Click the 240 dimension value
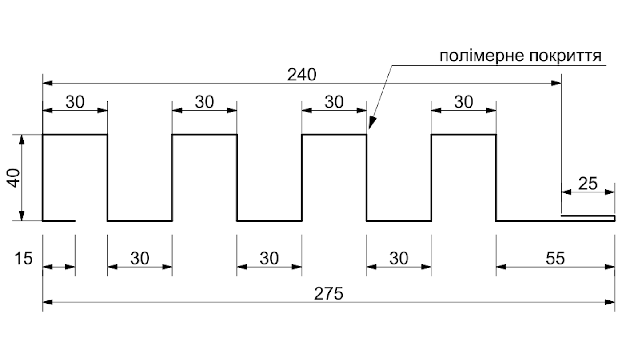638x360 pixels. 302,75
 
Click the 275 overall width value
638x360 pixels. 328,294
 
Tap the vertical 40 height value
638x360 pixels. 14,178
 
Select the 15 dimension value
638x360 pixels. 24,259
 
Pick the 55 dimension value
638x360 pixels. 555,259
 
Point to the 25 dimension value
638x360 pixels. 588,184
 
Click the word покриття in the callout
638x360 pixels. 566,56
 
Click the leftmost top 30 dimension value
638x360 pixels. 75,102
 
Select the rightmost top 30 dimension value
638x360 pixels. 464,102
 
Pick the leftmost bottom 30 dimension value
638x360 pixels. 140,259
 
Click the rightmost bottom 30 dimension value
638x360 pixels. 399,259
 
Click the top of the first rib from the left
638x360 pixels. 75,134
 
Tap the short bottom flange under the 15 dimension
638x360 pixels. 59,221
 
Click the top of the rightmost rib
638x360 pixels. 464,134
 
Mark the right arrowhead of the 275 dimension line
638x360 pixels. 610,302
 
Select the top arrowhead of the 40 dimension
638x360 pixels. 22,140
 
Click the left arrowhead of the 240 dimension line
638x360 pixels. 48,83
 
